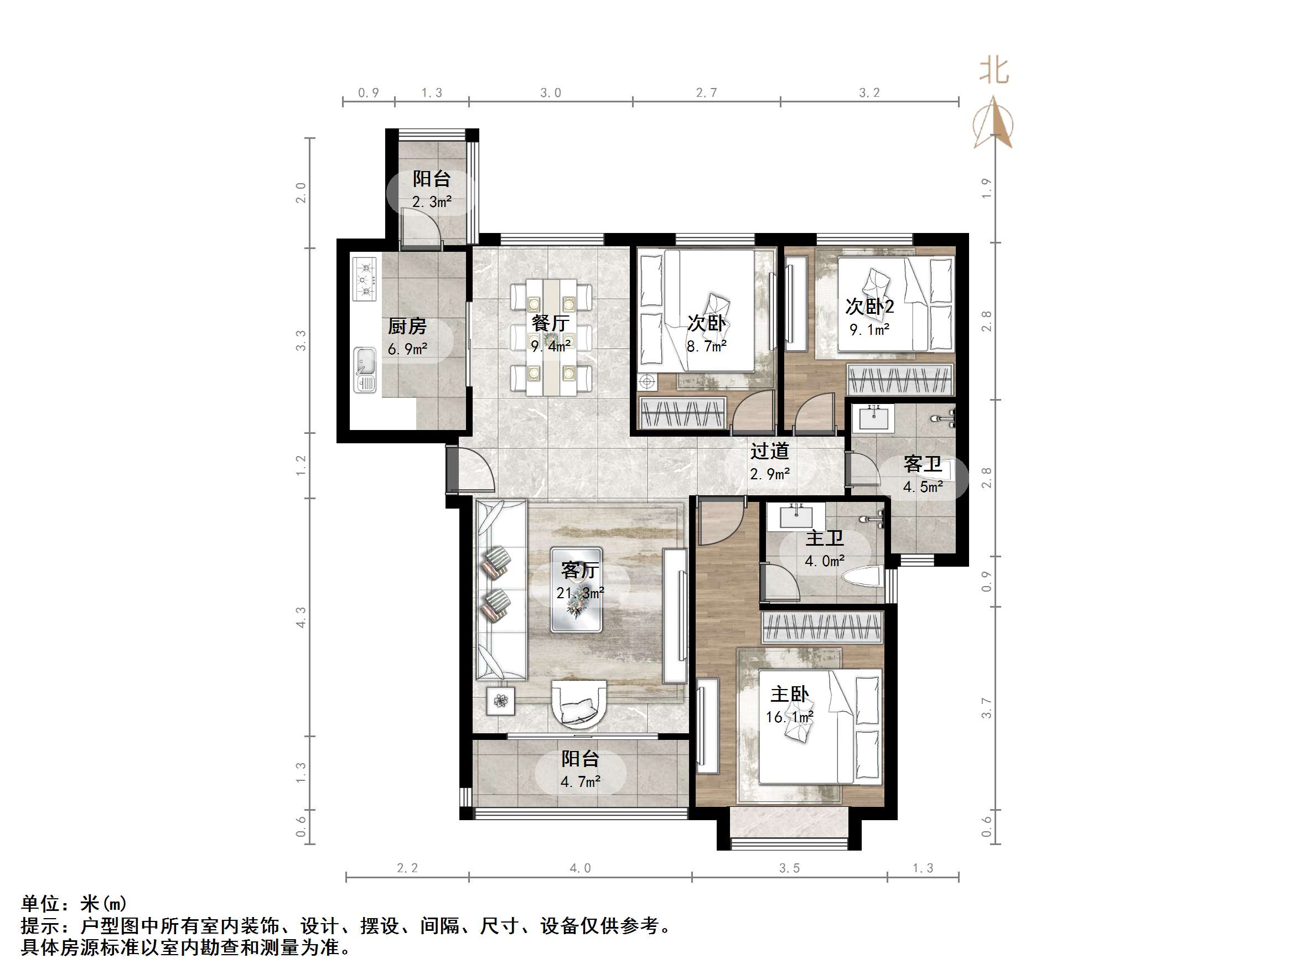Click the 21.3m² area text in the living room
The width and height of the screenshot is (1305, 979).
click(x=580, y=593)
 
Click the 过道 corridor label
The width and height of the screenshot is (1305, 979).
click(x=769, y=452)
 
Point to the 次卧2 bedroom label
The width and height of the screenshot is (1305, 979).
click(x=869, y=306)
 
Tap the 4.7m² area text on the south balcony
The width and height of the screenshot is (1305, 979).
click(x=580, y=782)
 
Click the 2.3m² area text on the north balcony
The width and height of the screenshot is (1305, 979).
click(x=431, y=202)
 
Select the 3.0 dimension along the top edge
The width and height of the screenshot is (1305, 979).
click(x=550, y=92)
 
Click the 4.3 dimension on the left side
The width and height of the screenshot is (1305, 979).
click(x=301, y=617)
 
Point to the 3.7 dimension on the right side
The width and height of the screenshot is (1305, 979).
click(x=986, y=708)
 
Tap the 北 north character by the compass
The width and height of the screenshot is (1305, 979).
click(x=993, y=71)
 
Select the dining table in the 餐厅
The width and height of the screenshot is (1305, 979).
click(x=552, y=338)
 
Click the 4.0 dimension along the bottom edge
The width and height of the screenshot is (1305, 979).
click(x=579, y=868)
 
